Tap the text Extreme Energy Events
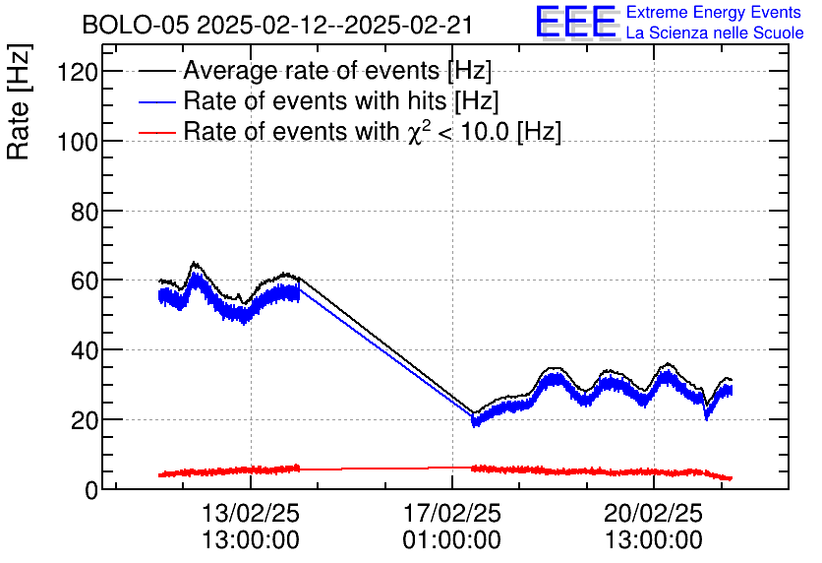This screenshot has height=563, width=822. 715,13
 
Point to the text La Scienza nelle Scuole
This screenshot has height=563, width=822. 715,33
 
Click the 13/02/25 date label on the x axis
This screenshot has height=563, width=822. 251,513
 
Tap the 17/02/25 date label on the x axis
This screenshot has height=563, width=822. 452,513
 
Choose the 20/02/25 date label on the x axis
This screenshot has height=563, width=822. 654,513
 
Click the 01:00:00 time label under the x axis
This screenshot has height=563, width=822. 452,540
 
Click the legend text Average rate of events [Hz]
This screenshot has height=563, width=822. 337,71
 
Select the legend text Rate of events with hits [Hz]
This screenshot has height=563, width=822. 341,100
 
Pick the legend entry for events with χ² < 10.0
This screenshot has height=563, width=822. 373,131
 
